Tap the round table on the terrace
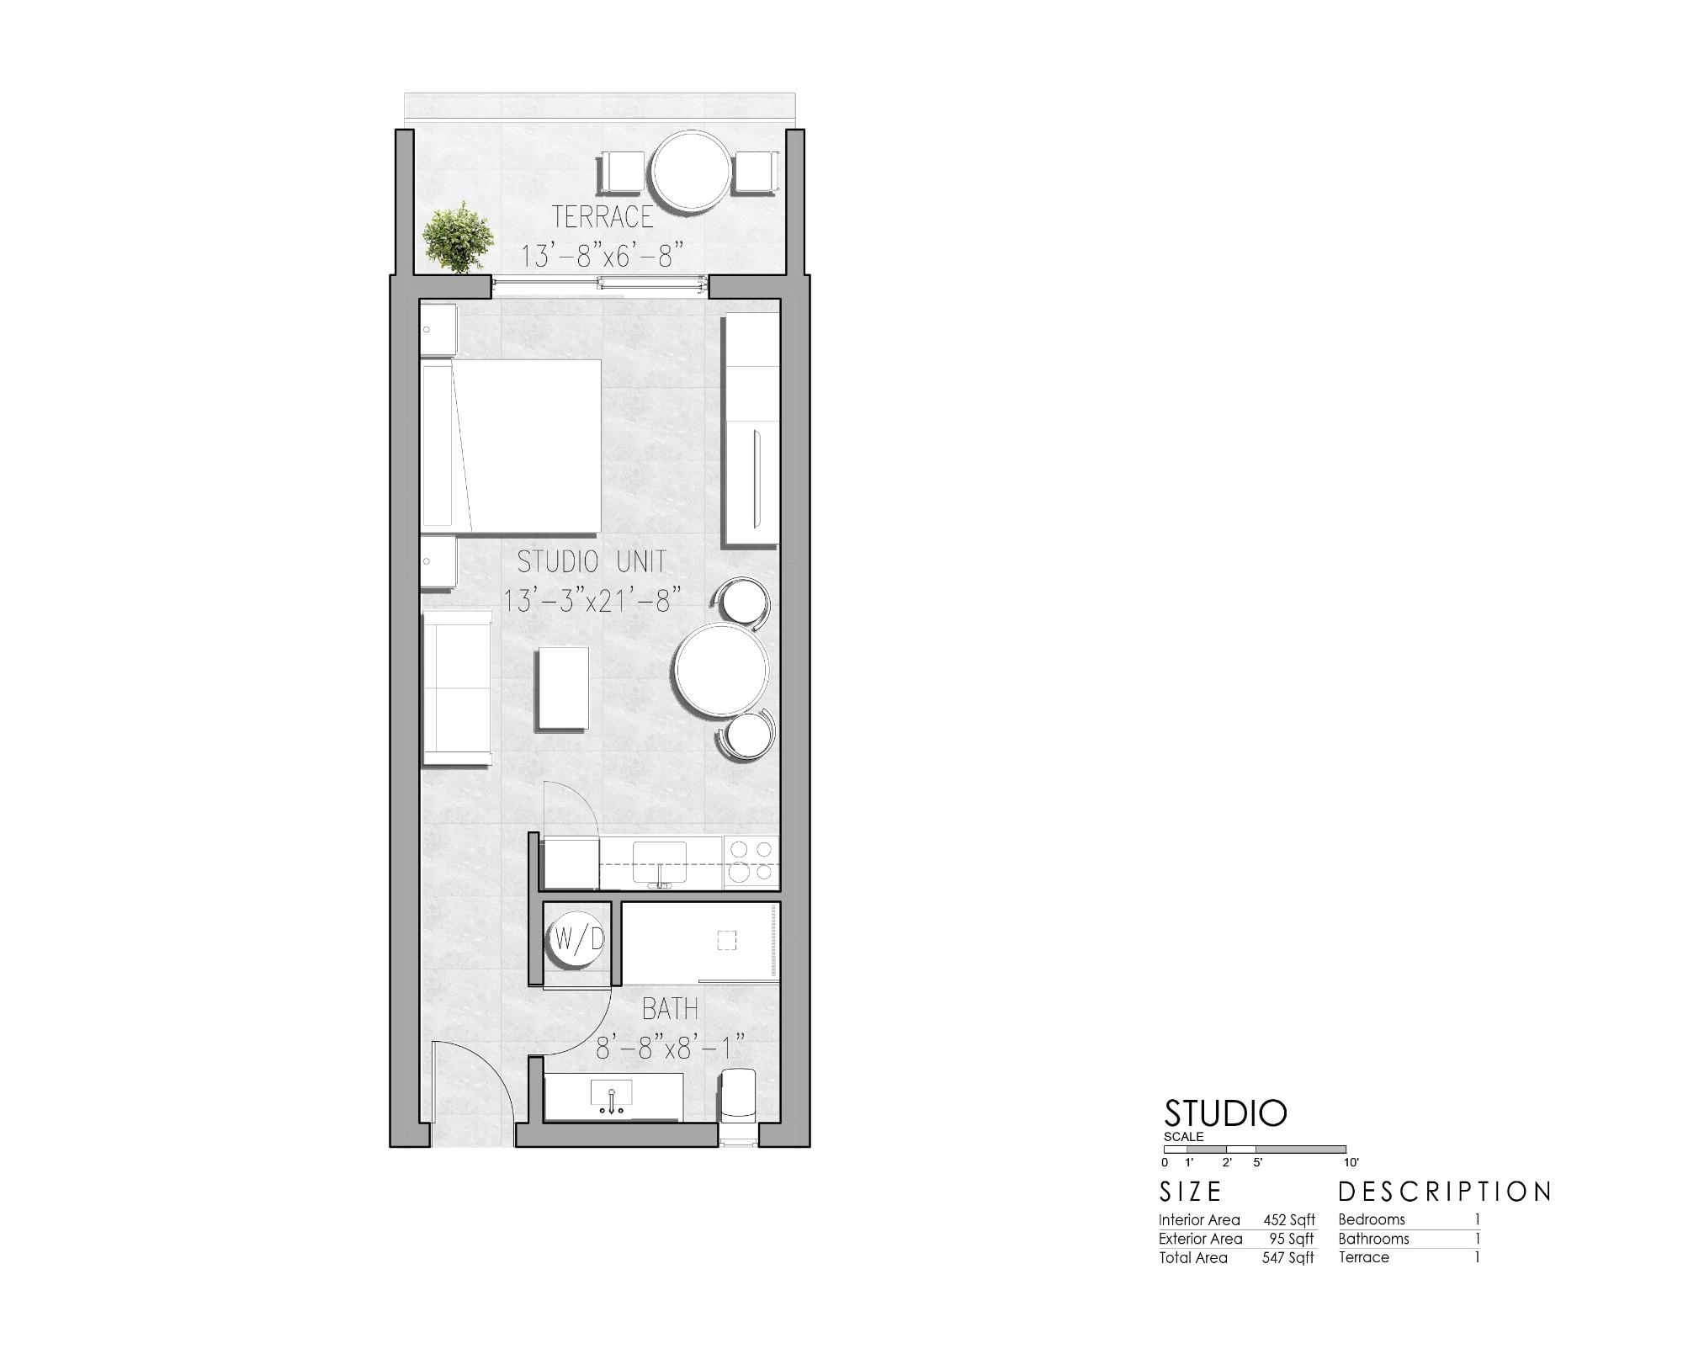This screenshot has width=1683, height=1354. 692,172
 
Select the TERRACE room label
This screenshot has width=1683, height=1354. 603,216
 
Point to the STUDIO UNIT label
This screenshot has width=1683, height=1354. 592,561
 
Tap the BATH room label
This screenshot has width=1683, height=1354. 670,1008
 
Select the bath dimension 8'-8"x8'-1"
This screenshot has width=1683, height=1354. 671,1049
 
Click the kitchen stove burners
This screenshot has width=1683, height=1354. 751,862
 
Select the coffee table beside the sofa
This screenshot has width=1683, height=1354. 563,688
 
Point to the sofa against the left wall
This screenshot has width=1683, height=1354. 456,688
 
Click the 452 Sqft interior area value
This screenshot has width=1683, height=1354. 1288,1219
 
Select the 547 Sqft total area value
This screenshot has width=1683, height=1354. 1287,1258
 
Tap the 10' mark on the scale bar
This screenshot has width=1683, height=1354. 1351,1162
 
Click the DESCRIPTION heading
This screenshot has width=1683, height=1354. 1445,1192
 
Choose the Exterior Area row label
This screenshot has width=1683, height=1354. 1200,1239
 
